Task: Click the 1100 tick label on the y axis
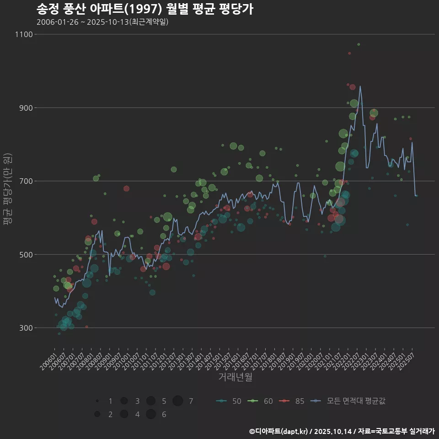click(24, 34)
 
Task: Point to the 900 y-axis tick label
click(26, 108)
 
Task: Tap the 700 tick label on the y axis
click(26, 181)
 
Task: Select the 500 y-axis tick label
click(26, 255)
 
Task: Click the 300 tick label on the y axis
click(26, 328)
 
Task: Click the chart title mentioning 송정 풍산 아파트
click(145, 9)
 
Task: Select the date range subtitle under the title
click(102, 22)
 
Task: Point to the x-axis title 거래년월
click(235, 377)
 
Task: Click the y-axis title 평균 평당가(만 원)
click(7, 189)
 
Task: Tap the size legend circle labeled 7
click(178, 401)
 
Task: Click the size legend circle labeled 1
click(97, 401)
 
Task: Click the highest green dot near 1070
click(359, 44)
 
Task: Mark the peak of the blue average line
click(360, 86)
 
